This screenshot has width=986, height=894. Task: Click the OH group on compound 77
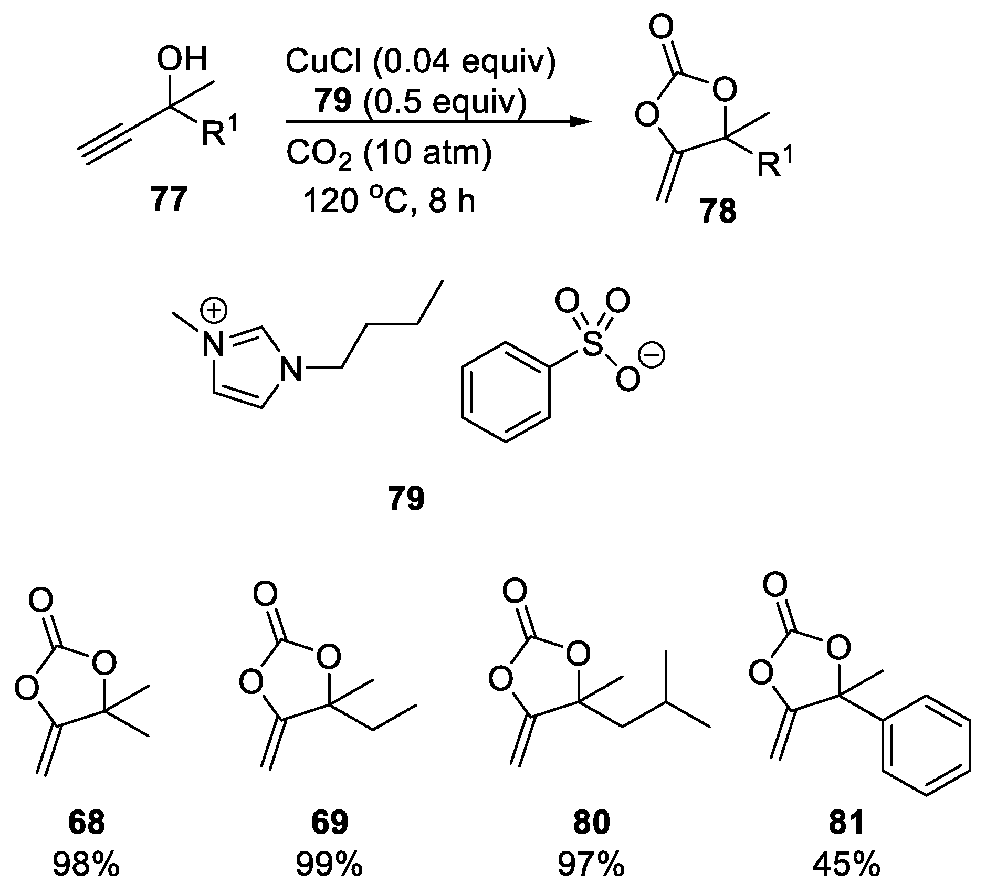pos(182,60)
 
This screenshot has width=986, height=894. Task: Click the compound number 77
pos(169,200)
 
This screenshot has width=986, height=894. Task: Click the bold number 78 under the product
pos(718,213)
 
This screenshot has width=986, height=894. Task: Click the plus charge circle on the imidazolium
pos(215,311)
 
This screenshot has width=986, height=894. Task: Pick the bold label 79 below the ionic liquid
pos(406,499)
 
